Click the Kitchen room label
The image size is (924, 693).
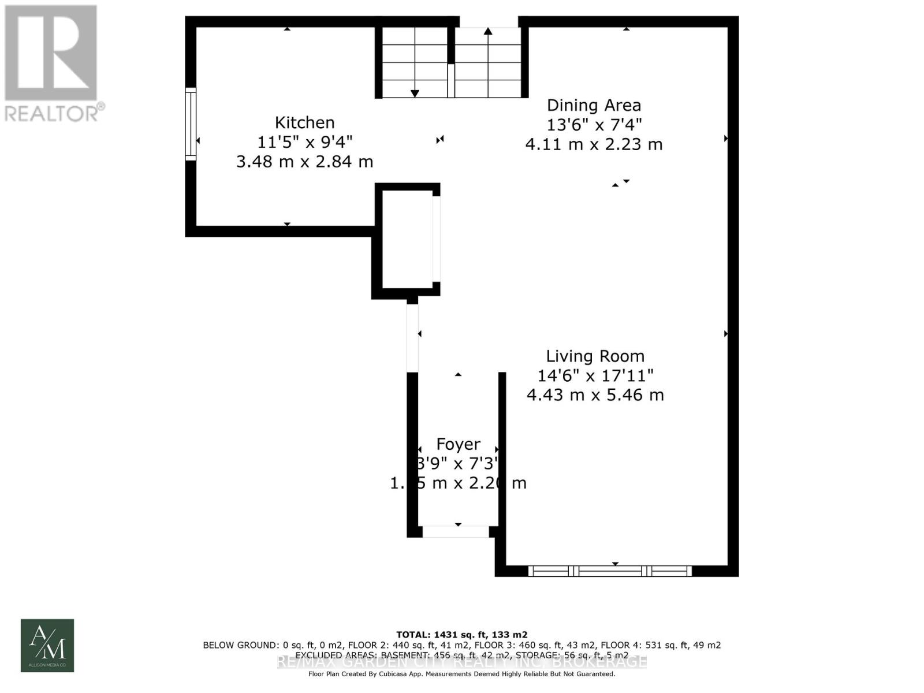coord(304,122)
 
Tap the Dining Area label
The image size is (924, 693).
coord(594,105)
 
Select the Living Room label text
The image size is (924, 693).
coord(595,356)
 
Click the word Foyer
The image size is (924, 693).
coord(458,444)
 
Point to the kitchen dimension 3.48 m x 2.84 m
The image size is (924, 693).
coord(304,161)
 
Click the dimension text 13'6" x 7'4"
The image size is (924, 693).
coord(594,124)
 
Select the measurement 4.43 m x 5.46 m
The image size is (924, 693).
coord(595,395)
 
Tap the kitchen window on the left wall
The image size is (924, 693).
coord(191,123)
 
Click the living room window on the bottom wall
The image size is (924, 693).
coord(610,571)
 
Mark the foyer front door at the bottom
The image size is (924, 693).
coord(456,531)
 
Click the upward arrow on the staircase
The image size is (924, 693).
coord(488,32)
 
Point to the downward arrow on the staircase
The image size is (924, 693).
coord(415,92)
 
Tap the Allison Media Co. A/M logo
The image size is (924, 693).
coord(47,645)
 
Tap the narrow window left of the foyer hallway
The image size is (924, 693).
coord(412,338)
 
